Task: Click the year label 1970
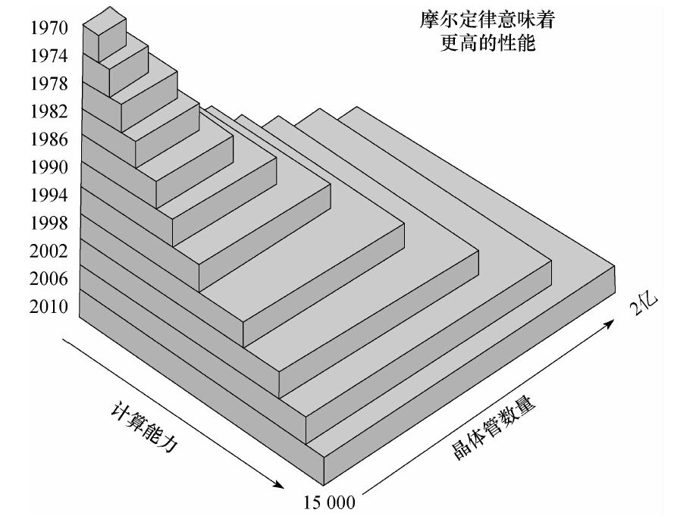click(x=49, y=28)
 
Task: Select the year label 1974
click(x=49, y=56)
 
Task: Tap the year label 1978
click(x=49, y=84)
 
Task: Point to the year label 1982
click(x=49, y=111)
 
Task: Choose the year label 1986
click(x=49, y=139)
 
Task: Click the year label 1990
click(x=49, y=167)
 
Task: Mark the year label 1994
click(x=49, y=195)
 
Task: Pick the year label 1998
click(x=49, y=223)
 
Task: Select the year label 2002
click(x=49, y=251)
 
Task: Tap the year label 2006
click(x=49, y=279)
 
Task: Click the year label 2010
click(x=49, y=307)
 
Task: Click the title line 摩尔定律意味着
click(x=487, y=20)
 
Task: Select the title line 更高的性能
click(x=487, y=43)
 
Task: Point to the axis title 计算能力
click(x=144, y=427)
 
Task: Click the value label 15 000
click(x=330, y=502)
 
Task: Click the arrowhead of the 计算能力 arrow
click(x=278, y=485)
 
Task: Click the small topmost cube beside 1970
click(x=105, y=34)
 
